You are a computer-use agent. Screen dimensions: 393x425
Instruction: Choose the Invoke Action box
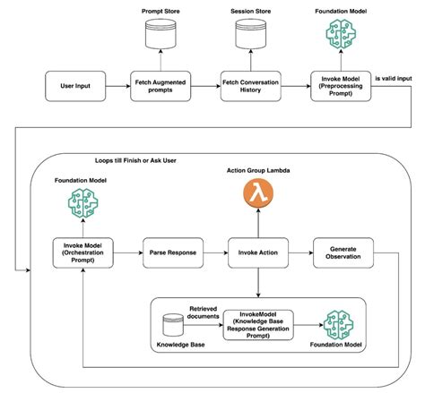pos(258,252)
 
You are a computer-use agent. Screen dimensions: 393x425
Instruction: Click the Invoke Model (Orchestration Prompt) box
pos(82,252)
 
